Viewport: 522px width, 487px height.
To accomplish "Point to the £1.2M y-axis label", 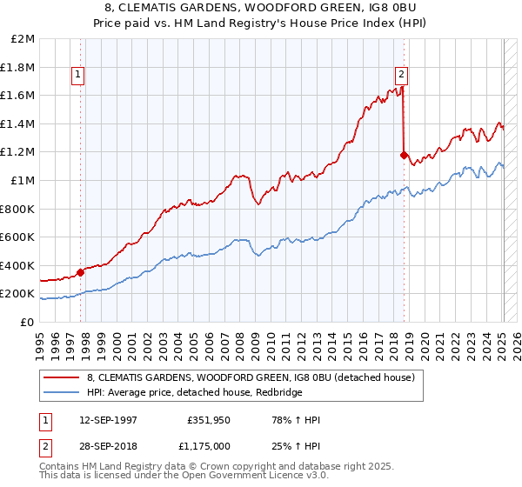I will pos(19,152).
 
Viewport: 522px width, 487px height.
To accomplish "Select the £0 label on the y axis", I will pos(27,322).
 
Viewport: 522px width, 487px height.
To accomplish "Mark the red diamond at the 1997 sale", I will pos(81,271).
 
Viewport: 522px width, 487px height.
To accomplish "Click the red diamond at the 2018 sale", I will pos(404,156).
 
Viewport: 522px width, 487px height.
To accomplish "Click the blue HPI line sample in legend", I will pos(62,391).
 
